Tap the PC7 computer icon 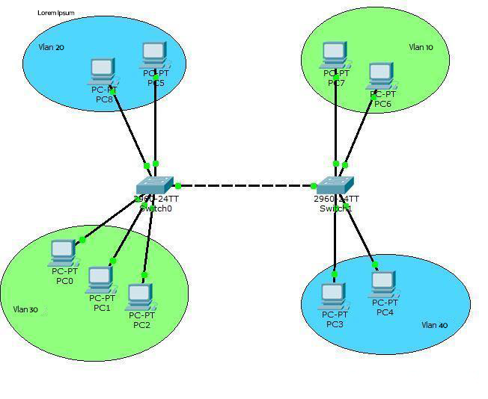tap(335, 55)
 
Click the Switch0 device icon tap(155, 185)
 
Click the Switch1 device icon tap(335, 185)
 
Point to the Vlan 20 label tap(51, 47)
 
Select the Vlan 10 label tap(420, 47)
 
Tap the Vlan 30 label tap(25, 309)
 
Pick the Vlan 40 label tap(434, 325)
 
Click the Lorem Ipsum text tap(55, 13)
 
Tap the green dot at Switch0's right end tap(178, 185)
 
